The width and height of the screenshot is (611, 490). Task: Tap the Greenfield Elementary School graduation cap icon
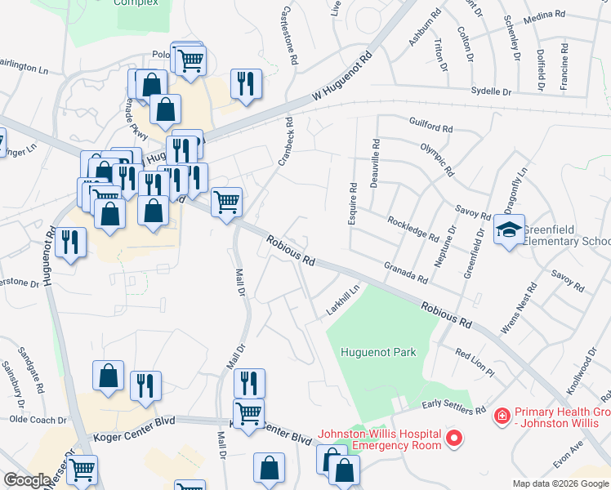tap(509, 230)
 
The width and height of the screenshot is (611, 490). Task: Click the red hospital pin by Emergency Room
tap(452, 440)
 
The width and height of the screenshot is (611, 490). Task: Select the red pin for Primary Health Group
tap(502, 417)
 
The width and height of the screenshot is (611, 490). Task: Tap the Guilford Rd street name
tap(431, 127)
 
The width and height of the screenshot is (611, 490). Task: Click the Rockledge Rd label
tap(414, 227)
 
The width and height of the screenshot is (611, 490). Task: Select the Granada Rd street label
tap(406, 273)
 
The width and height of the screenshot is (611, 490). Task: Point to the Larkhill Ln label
tap(344, 301)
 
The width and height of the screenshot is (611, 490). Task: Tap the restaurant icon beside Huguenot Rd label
tap(72, 243)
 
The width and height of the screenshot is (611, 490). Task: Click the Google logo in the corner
tap(27, 480)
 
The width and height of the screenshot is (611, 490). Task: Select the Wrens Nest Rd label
tap(520, 310)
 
